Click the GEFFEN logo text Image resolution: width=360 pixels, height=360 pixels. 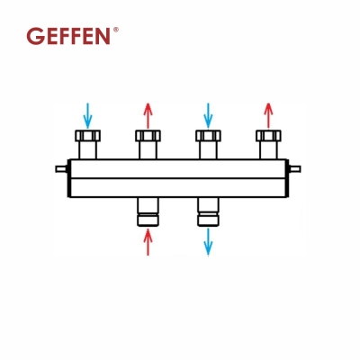tap(69, 36)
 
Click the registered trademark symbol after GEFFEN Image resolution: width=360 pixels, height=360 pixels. tap(115, 30)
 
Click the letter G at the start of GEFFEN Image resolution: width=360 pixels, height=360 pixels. tap(34, 36)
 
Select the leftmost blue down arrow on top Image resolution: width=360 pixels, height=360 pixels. tap(87, 115)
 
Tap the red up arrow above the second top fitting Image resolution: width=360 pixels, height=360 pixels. tap(148, 115)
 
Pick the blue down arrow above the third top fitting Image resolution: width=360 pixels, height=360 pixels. tap(208, 115)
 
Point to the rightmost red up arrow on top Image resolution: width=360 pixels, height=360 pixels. tap(267, 115)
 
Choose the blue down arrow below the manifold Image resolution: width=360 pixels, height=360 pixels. tap(208, 241)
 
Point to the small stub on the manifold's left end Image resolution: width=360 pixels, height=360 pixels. tap(59, 168)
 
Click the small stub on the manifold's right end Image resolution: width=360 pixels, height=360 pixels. tap(300, 168)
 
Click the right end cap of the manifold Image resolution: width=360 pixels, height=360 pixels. tap(290, 176)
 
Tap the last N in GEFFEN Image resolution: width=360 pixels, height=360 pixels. tap(106, 36)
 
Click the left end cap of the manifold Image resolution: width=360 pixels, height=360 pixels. tap(69, 176)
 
